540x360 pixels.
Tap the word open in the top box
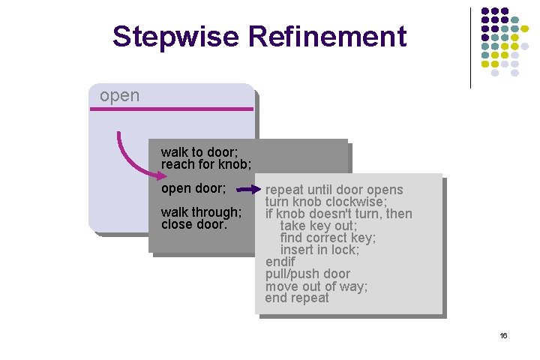119,96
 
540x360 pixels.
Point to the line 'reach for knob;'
205,163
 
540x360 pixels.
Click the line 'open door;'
193,189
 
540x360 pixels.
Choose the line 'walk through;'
201,212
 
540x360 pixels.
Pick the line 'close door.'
193,224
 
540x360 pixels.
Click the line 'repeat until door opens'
334,190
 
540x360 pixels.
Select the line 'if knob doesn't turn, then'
338,214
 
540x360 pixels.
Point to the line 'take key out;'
318,226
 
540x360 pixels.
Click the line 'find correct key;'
328,238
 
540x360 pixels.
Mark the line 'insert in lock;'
319,250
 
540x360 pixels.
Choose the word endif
280,262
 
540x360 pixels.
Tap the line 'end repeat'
297,298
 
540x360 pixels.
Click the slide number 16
504,335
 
